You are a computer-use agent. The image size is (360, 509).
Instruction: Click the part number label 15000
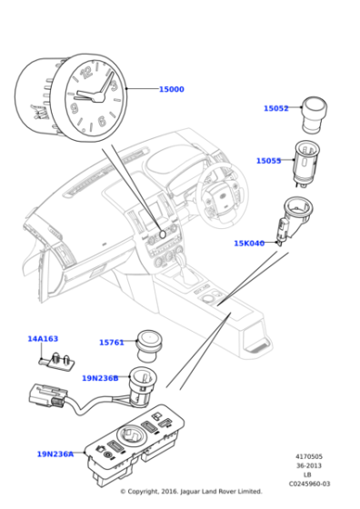[x=171, y=89]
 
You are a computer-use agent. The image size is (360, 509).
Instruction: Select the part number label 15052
[x=275, y=108]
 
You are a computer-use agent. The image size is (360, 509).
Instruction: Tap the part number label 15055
[x=268, y=161]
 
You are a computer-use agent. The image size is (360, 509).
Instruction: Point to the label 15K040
[x=248, y=243]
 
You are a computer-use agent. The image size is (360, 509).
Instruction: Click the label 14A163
[x=42, y=339]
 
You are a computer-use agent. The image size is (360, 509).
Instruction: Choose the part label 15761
[x=111, y=343]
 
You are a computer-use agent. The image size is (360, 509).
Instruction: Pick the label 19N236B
[x=100, y=378]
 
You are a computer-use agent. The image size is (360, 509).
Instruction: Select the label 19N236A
[x=55, y=454]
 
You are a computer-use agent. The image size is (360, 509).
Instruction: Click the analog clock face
[x=91, y=96]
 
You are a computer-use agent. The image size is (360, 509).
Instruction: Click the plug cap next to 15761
[x=147, y=343]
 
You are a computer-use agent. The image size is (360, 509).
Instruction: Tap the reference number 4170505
[x=308, y=457]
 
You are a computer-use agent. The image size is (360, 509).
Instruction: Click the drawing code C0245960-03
[x=308, y=484]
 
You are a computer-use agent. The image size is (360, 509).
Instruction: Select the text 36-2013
[x=308, y=466]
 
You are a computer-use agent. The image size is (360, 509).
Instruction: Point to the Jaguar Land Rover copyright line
[x=191, y=492]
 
